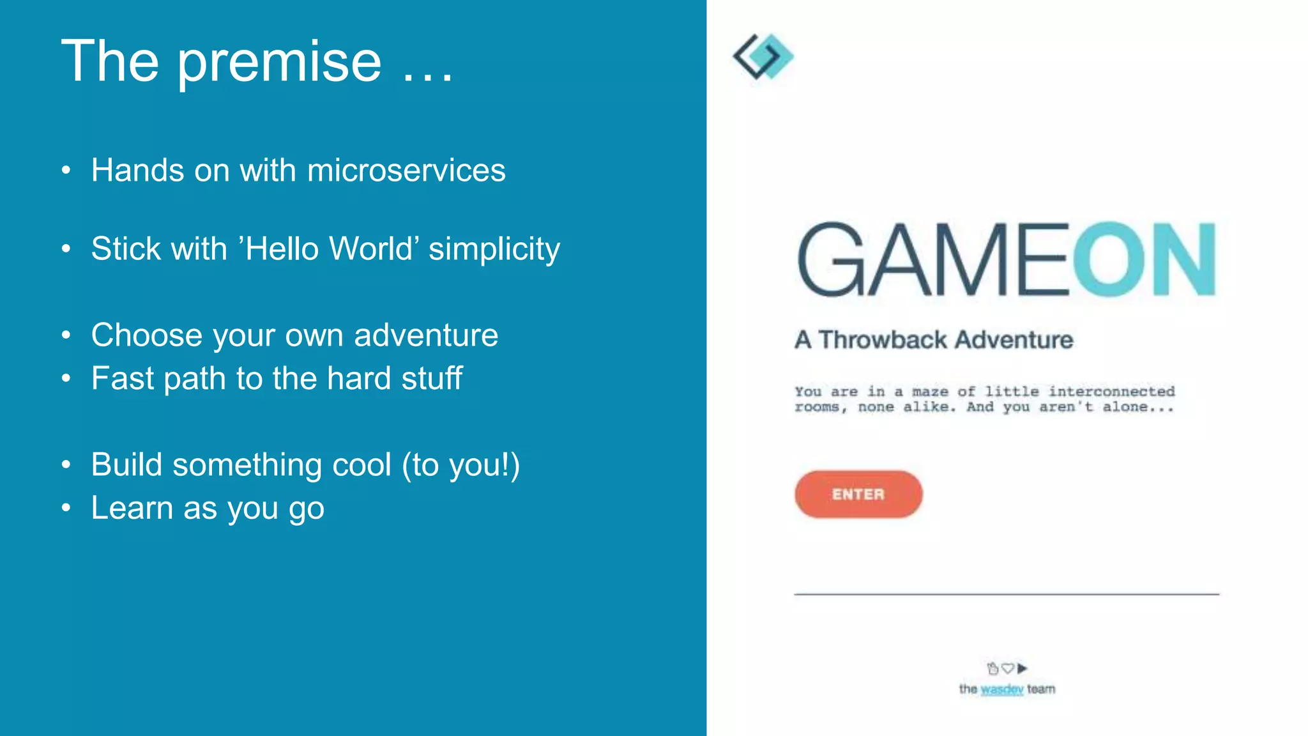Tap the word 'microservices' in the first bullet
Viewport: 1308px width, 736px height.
[406, 171]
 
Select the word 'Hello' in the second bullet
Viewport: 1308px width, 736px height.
[282, 249]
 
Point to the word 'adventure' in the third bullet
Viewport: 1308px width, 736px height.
[425, 335]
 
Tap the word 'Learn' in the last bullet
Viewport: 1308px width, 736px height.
[132, 509]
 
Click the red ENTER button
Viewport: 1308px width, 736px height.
[858, 494]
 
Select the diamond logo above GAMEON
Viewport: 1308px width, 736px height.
[763, 57]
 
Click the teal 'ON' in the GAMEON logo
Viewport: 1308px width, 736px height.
[1143, 259]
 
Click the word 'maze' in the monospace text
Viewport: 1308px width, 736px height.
[930, 392]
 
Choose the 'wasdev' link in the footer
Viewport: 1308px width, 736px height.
[1001, 689]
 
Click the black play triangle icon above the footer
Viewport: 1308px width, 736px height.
[1023, 668]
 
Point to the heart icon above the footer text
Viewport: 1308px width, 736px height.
[1008, 668]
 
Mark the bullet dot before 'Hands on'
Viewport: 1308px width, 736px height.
[66, 171]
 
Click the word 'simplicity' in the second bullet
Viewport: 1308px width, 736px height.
[494, 249]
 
